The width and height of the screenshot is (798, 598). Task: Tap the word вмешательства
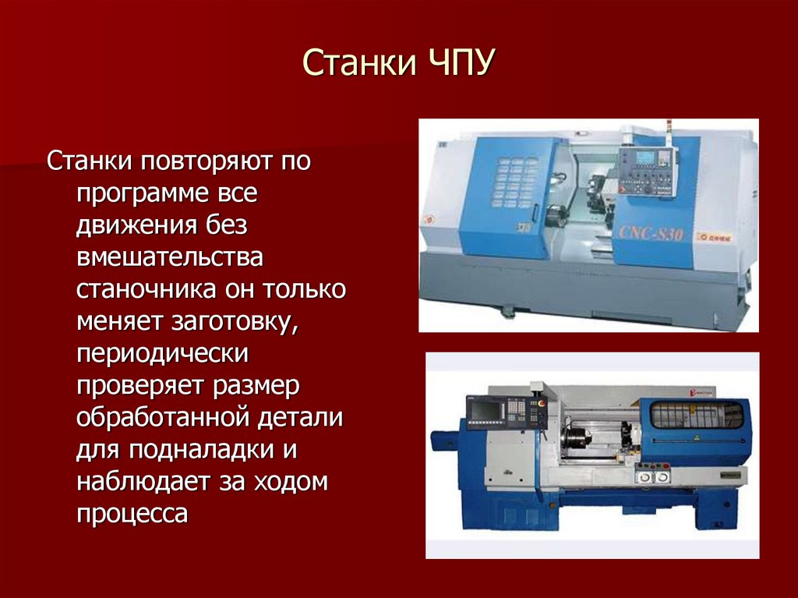(x=169, y=257)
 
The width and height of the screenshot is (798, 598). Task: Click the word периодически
(x=162, y=353)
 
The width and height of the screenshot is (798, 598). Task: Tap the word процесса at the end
(x=132, y=514)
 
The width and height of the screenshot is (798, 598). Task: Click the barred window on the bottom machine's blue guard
(x=697, y=415)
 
